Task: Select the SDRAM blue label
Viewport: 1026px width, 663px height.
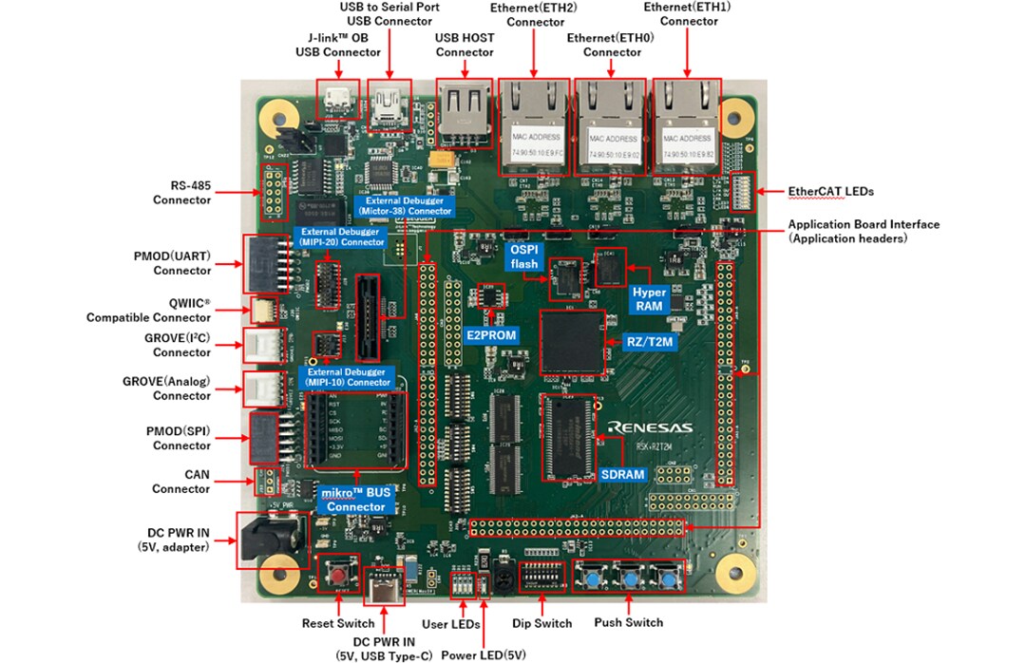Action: (623, 474)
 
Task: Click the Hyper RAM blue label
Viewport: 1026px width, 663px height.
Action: (650, 299)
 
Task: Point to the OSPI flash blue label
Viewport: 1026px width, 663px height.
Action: (525, 257)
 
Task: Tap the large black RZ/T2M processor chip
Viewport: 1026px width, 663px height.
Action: (572, 341)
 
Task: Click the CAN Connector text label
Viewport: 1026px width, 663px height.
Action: (180, 481)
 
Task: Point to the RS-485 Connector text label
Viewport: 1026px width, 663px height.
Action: (181, 192)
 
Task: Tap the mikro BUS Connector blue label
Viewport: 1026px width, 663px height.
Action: (356, 500)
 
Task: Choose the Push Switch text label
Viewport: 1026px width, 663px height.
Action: (628, 622)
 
